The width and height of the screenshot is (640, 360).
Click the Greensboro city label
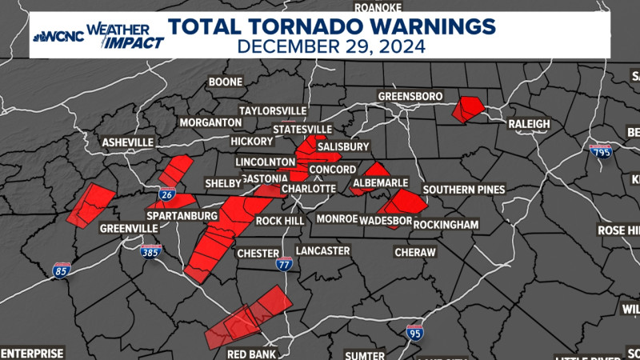pos(410,97)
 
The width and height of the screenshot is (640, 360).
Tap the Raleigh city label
pos(529,124)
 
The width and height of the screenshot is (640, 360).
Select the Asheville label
pos(127,142)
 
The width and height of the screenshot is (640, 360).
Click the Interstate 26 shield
pos(167,194)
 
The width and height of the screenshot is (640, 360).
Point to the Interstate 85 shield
pos(62,270)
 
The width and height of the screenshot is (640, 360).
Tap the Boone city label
pos(225,82)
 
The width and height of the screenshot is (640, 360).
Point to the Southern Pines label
pos(464,190)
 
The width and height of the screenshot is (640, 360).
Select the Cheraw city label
pos(415,252)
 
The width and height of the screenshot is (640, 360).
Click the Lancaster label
pos(322,250)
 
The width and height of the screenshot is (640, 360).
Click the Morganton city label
pos(210,122)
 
